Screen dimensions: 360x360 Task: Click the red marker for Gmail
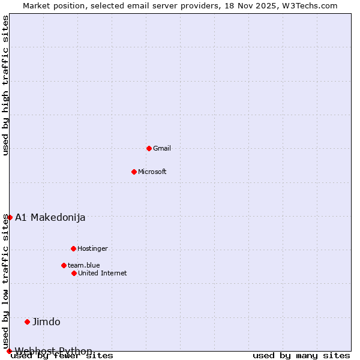[x=149, y=148]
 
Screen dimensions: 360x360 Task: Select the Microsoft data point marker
[x=134, y=172]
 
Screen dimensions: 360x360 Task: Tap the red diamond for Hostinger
[x=73, y=248]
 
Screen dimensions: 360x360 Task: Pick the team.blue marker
[x=64, y=265]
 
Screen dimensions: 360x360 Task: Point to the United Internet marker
[x=74, y=273]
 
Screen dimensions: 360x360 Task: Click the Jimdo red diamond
[x=27, y=322]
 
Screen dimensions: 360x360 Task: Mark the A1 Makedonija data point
[x=10, y=217]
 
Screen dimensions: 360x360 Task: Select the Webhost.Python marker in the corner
[x=9, y=351]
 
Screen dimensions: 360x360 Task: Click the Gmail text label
[x=162, y=148]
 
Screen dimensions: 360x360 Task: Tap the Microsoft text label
[x=152, y=172]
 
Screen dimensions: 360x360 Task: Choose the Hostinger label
[x=92, y=248]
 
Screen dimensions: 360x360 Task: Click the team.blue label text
[x=84, y=265]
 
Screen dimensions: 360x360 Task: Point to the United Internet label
[x=103, y=273]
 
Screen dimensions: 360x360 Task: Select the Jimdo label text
[x=46, y=322]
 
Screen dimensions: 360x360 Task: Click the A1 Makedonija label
[x=50, y=217]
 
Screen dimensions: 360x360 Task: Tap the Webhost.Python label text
[x=53, y=351]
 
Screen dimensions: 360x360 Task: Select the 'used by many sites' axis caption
[x=301, y=356]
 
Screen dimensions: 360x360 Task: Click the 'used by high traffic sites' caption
[x=6, y=85]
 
